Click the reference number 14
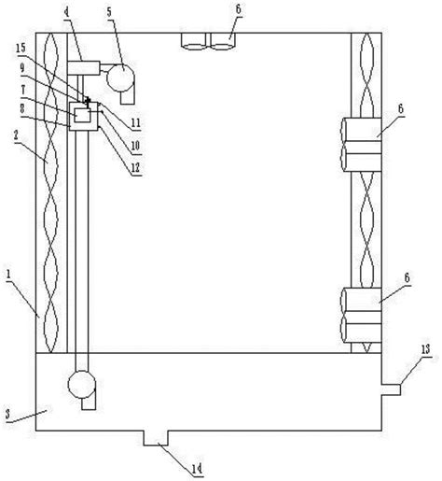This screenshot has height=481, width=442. (x=197, y=469)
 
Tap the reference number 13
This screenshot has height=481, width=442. (x=425, y=349)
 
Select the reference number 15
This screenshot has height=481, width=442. (x=21, y=49)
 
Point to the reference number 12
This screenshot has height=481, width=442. (x=135, y=168)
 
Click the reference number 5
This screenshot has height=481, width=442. (x=109, y=12)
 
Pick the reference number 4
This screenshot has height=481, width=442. (x=66, y=12)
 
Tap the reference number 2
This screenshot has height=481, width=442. (x=16, y=134)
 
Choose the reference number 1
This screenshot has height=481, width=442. (x=8, y=276)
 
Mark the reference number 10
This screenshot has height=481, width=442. (x=135, y=146)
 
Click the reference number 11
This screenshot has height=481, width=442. (x=135, y=123)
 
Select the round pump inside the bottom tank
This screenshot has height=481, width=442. (x=82, y=385)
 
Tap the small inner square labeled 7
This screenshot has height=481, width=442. (x=83, y=116)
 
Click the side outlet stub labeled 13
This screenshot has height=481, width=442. (x=391, y=389)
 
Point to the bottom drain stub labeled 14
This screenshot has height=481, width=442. (x=156, y=438)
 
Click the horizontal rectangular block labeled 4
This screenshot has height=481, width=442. (x=83, y=68)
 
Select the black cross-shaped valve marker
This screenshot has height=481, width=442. (x=88, y=100)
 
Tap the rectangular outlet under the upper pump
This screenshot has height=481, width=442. (x=128, y=97)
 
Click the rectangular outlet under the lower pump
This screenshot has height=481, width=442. (x=89, y=403)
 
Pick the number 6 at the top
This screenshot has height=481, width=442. (x=239, y=9)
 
